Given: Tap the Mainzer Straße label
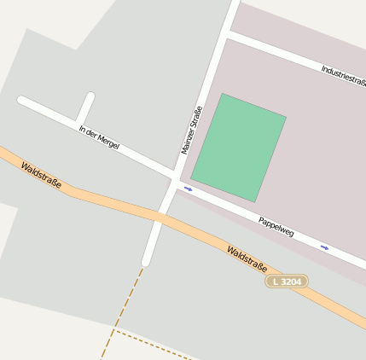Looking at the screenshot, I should click(x=191, y=130).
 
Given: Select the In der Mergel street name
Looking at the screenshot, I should click(x=99, y=137).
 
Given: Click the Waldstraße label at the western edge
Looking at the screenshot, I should click(x=42, y=175).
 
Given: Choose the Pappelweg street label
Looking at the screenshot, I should click(x=276, y=226).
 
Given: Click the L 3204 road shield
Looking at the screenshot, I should click(x=287, y=281).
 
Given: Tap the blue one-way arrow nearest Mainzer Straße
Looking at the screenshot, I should click(x=189, y=189).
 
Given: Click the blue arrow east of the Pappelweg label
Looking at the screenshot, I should click(x=324, y=247).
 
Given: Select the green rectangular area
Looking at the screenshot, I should click(x=238, y=148).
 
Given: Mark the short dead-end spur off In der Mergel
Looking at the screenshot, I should click(x=85, y=107).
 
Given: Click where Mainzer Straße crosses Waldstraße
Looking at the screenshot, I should click(x=160, y=217).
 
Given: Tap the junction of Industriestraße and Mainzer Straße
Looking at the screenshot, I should click(x=229, y=35).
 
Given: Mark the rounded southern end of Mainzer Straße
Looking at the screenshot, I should click(x=146, y=260).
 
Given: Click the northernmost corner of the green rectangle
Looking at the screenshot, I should click(x=223, y=94).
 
